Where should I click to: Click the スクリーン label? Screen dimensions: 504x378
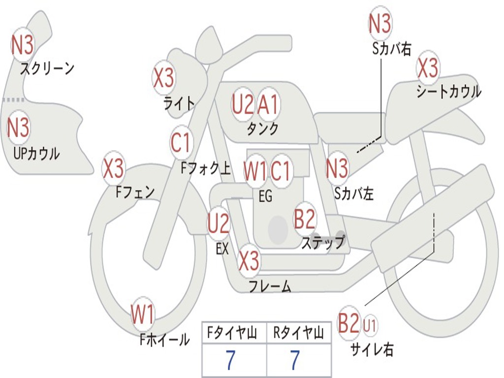pyautogui.click(x=47, y=68)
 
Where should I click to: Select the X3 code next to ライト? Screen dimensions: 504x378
pyautogui.click(x=163, y=77)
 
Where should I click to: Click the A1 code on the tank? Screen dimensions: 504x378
pyautogui.click(x=268, y=104)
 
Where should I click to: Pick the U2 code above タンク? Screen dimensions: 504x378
pyautogui.click(x=243, y=104)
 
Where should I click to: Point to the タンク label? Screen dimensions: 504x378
pyautogui.click(x=262, y=129)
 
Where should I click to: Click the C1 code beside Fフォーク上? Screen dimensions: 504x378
pyautogui.click(x=181, y=143)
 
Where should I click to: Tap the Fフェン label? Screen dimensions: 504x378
pyautogui.click(x=135, y=191)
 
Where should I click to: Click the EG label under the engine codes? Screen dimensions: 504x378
pyautogui.click(x=265, y=197)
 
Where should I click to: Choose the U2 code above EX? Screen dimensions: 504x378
pyautogui.click(x=219, y=224)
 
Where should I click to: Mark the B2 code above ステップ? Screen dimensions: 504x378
pyautogui.click(x=305, y=219)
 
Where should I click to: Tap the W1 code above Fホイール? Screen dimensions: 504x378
pyautogui.click(x=143, y=315)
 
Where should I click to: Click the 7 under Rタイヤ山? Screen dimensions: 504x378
pyautogui.click(x=295, y=361)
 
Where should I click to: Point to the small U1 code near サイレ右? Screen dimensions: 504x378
pyautogui.click(x=370, y=325)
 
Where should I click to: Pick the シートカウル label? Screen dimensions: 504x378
pyautogui.click(x=448, y=92)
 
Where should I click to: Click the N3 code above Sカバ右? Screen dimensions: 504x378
pyautogui.click(x=380, y=24)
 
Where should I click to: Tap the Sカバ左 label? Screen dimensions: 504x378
pyautogui.click(x=354, y=193)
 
